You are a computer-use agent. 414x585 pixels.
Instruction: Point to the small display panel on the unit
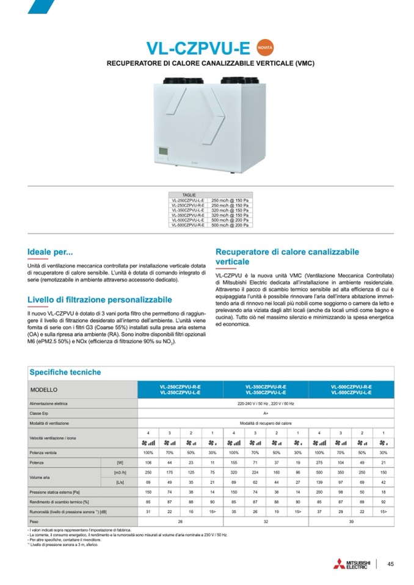163,151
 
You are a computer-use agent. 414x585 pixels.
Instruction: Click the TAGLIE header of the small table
180,194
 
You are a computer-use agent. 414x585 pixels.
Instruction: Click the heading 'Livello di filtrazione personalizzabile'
100,300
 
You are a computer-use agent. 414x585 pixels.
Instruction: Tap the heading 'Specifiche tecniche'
65,372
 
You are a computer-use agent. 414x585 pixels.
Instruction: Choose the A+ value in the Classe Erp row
266,414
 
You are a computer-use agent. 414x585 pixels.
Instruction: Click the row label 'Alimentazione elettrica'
48,404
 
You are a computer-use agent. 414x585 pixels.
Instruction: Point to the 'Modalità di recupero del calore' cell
266,423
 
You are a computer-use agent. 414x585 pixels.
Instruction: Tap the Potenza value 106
148,463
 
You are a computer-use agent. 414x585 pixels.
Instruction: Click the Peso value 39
351,522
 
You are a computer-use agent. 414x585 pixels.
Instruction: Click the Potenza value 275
319,463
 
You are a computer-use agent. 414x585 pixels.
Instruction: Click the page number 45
391,564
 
